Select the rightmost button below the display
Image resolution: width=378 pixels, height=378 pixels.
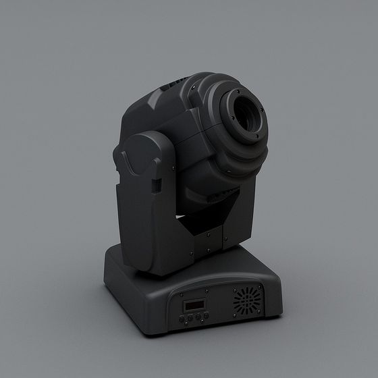207,315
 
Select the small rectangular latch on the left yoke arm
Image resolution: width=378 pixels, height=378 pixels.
156,186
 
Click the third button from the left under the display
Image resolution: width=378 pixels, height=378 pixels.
198,316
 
